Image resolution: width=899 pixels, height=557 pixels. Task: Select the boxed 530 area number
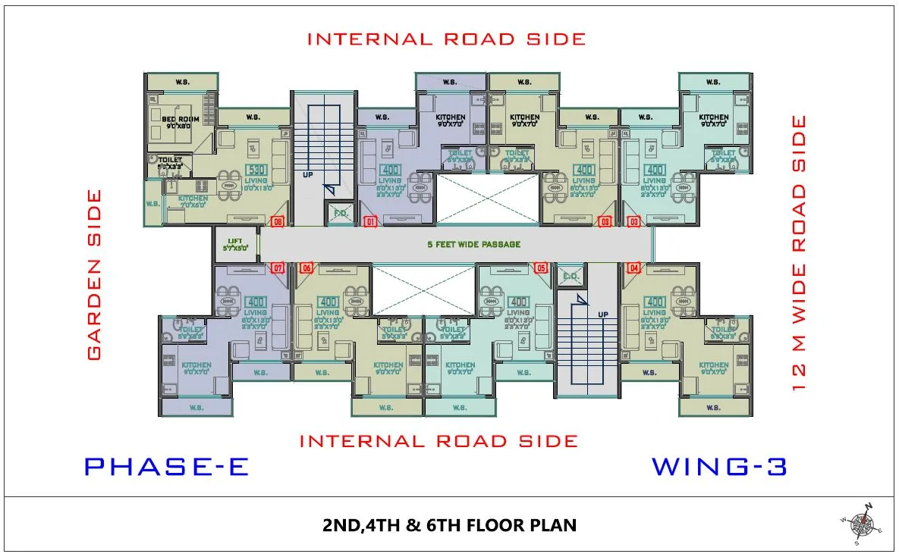(x=256, y=170)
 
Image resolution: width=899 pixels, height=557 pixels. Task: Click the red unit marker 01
(x=371, y=222)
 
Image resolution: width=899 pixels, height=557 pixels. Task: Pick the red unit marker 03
(x=633, y=222)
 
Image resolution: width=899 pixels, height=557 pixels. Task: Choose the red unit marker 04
(x=633, y=268)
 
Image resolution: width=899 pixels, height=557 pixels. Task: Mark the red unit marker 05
(x=541, y=268)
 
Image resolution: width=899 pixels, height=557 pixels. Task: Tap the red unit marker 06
(x=306, y=268)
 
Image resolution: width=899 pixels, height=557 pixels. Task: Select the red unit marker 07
(x=278, y=268)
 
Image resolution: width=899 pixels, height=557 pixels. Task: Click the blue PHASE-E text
(x=166, y=467)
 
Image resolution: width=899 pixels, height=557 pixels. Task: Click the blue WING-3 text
(x=719, y=467)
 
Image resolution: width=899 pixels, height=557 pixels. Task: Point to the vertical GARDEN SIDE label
(x=94, y=274)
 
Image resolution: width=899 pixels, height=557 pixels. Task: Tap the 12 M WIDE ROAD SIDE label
(x=799, y=252)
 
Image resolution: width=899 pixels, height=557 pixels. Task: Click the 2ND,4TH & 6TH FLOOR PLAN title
(x=449, y=525)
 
